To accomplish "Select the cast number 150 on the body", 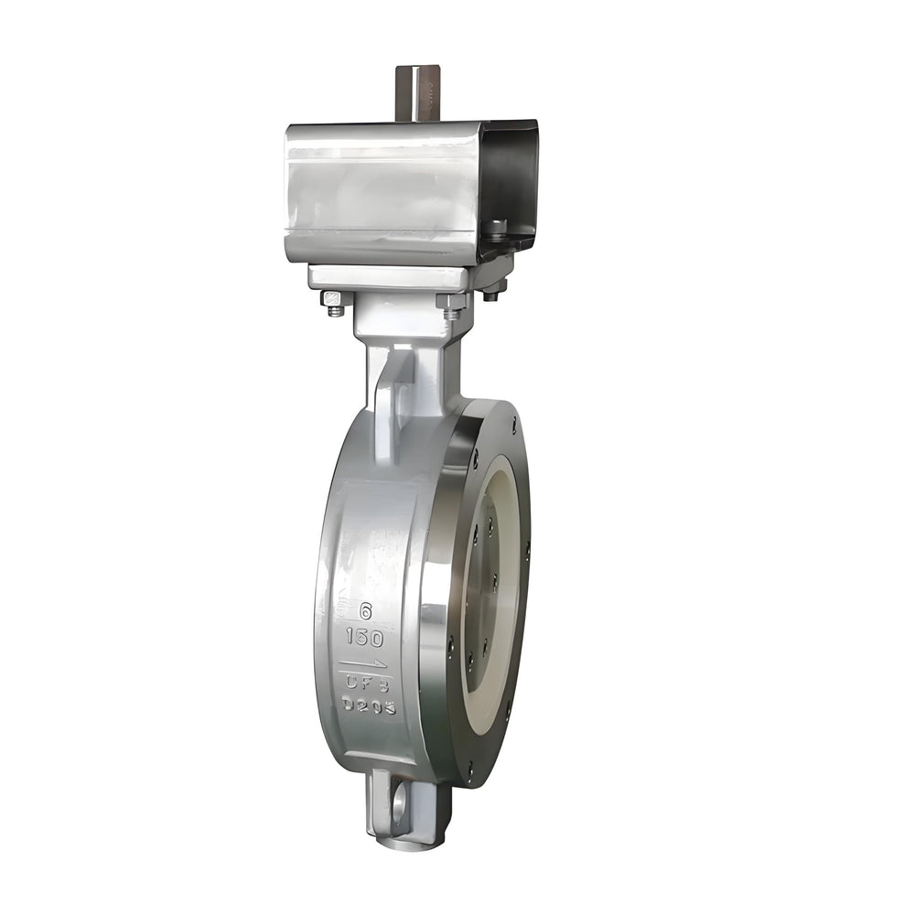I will tap(365, 638).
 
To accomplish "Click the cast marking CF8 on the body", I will tap(367, 683).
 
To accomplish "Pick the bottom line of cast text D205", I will tap(369, 705).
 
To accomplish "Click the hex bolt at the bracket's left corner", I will tap(334, 301).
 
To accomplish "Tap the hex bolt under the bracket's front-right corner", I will tap(453, 305).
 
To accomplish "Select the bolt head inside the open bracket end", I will tap(497, 226).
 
